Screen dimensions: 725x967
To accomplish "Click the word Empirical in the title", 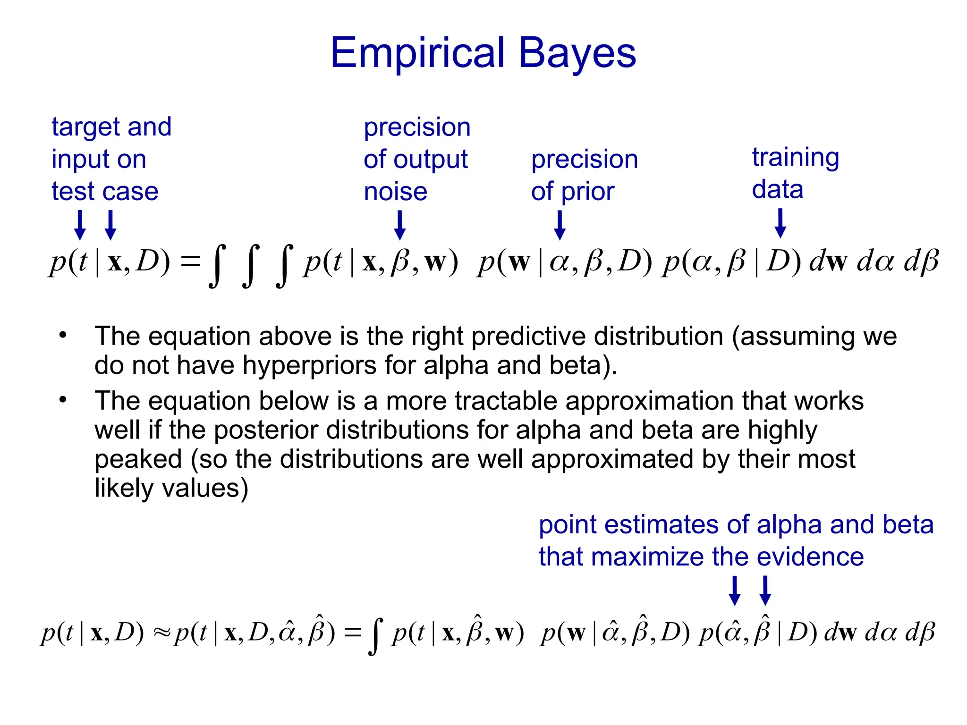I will coord(418,53).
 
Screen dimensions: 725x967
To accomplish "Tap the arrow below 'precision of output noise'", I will coord(400,225).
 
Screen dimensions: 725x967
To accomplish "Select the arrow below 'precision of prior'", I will coord(560,225).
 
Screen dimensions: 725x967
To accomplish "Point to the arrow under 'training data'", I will coord(780,223).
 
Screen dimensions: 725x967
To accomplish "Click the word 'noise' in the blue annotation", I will coord(396,192).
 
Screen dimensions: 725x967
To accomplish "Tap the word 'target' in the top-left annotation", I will coord(83,127).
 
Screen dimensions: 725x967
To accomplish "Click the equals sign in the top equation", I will coord(191,261).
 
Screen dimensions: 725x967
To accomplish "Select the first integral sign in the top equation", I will coord(217,265).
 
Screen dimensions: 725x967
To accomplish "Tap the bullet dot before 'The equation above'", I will coord(63,336).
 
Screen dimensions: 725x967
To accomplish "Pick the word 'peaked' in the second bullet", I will coord(138,459).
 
